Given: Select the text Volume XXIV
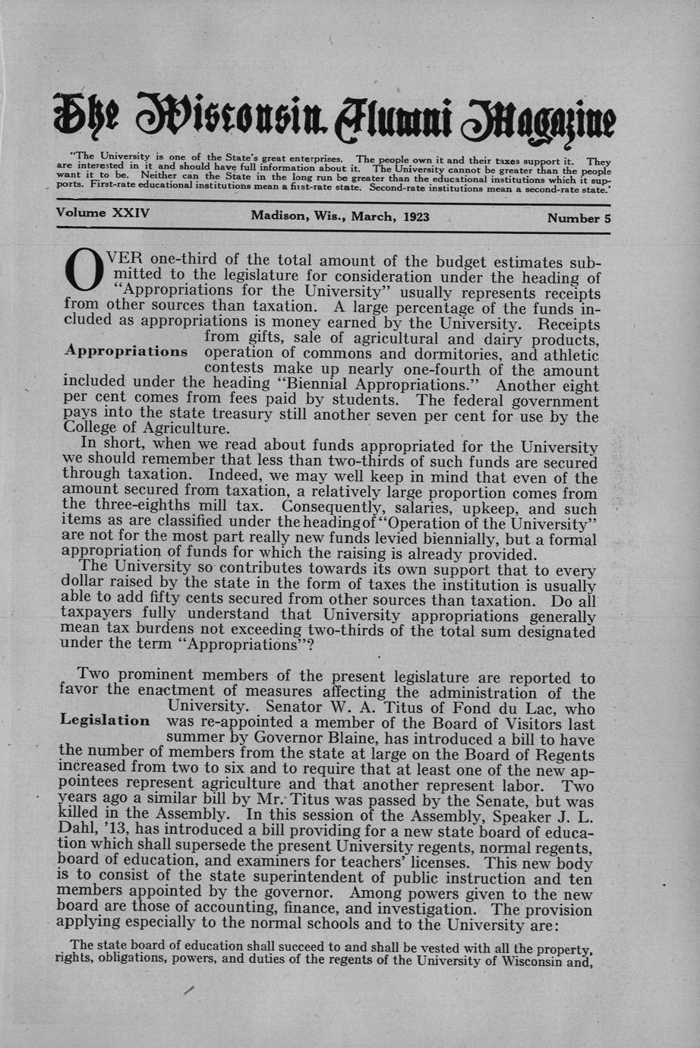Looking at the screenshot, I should (x=102, y=213).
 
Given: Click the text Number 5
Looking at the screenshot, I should (x=579, y=218).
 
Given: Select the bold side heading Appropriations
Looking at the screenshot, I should (x=126, y=352).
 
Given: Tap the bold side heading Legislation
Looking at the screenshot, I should (x=105, y=720).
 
